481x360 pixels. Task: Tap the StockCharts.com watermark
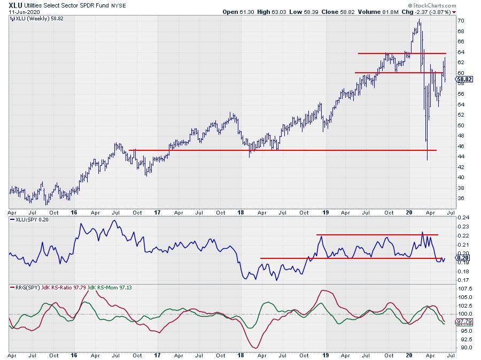click(x=432, y=5)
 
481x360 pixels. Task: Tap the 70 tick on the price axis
click(x=461, y=21)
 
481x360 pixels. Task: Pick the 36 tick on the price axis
click(x=461, y=198)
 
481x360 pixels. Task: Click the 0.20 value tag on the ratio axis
click(x=463, y=258)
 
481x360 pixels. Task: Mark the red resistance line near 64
click(x=401, y=53)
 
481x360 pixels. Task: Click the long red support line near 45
click(x=267, y=150)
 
